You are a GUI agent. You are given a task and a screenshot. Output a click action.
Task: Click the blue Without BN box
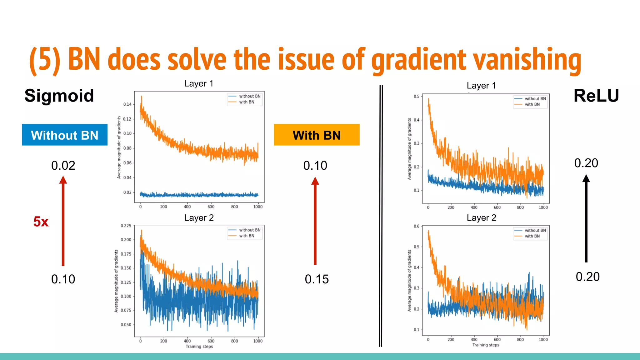click(64, 135)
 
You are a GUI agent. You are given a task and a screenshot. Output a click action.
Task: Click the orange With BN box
click(317, 135)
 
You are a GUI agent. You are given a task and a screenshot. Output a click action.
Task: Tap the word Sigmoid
click(59, 96)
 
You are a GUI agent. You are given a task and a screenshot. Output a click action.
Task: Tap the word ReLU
click(596, 96)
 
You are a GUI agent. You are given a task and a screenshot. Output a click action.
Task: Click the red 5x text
click(41, 222)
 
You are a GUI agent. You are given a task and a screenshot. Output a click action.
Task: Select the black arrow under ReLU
click(586, 219)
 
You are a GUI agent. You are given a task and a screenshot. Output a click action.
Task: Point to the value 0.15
click(317, 279)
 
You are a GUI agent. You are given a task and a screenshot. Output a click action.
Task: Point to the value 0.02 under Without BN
click(63, 166)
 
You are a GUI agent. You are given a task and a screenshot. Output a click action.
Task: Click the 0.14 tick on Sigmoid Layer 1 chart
click(127, 104)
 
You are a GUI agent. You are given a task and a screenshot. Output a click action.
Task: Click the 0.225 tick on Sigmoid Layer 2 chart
click(126, 226)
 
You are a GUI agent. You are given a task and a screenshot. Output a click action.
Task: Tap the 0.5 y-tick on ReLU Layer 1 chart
click(417, 96)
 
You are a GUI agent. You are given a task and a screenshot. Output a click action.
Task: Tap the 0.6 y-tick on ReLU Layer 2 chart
click(417, 226)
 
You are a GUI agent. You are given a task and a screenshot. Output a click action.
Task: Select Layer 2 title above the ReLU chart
click(481, 218)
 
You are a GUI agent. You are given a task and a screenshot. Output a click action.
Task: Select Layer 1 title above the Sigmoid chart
click(199, 83)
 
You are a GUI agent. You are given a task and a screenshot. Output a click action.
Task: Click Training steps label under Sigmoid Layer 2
click(199, 346)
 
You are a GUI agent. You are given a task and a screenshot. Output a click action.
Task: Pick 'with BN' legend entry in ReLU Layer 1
click(532, 104)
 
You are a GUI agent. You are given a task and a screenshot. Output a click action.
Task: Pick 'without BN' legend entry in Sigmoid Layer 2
click(249, 230)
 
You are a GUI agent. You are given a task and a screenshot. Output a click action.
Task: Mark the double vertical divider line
click(381, 216)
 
